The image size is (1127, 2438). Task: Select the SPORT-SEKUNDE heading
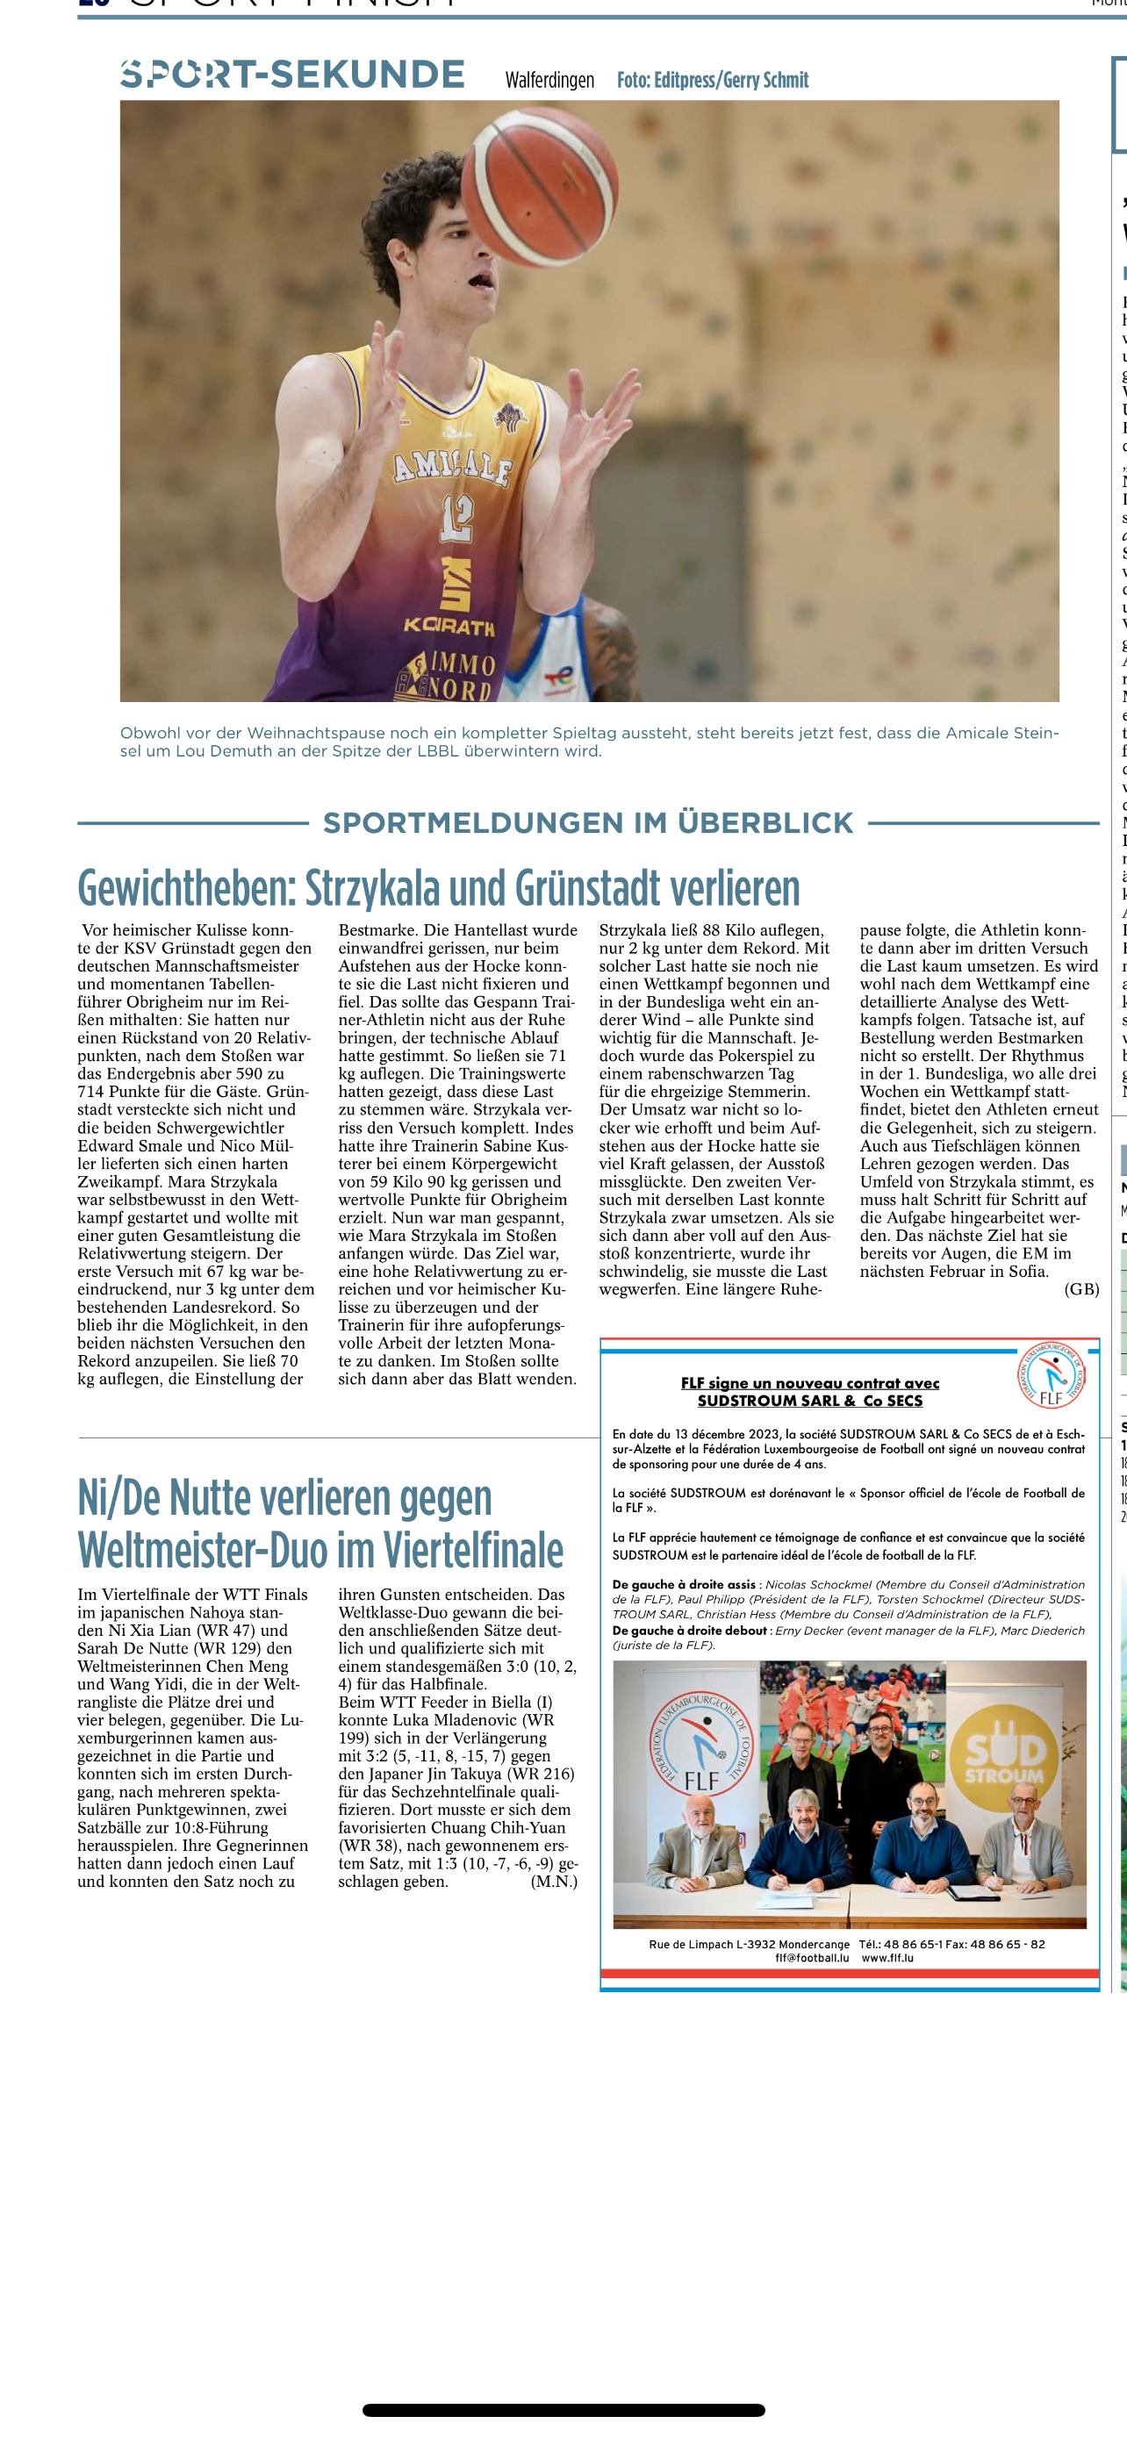point(292,75)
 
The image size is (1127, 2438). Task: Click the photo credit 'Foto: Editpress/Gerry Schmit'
point(713,81)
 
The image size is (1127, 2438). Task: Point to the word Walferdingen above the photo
point(549,81)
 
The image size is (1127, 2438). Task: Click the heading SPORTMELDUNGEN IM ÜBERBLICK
point(587,822)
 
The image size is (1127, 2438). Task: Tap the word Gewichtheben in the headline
point(186,889)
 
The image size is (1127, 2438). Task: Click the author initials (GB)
point(1080,1289)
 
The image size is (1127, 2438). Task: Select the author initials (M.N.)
point(554,1882)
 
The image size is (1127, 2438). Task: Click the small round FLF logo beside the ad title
point(1051,1375)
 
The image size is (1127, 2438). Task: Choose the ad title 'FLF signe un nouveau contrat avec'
point(810,1383)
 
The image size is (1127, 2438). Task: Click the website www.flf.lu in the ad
point(887,1958)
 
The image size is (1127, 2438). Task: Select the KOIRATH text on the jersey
point(449,626)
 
